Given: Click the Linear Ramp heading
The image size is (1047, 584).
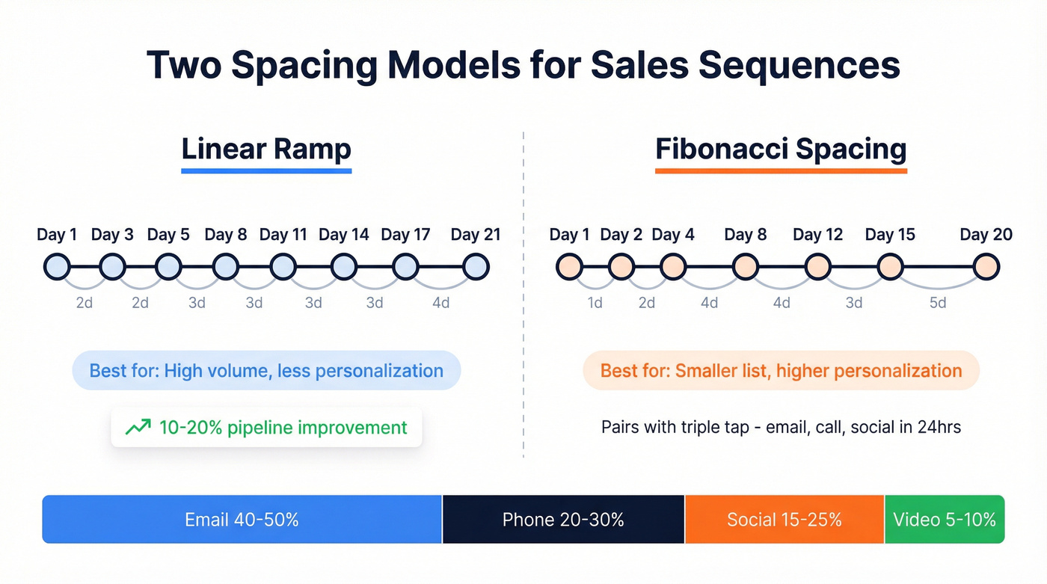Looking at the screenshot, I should (x=266, y=149).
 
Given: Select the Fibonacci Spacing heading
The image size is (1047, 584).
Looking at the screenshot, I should (x=781, y=149).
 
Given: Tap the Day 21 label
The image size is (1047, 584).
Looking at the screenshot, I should (x=475, y=235).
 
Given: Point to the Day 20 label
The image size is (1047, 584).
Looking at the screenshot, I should (x=986, y=235).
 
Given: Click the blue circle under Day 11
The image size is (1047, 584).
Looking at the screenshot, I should (x=283, y=266).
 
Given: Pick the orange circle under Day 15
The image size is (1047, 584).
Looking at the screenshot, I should (x=890, y=266).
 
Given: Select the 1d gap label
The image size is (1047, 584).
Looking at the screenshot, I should (x=595, y=302).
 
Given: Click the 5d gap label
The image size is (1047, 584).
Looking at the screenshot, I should (x=938, y=302).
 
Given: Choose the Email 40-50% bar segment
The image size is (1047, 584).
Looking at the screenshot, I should (x=242, y=519).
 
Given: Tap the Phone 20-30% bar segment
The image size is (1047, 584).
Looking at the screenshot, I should (x=563, y=519).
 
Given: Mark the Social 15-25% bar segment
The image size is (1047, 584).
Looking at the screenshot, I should (x=785, y=519).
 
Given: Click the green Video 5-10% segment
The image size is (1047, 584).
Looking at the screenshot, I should (x=945, y=519).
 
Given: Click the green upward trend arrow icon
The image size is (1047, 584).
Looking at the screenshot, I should (x=137, y=428).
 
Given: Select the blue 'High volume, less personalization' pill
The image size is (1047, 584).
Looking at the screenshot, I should (x=266, y=371).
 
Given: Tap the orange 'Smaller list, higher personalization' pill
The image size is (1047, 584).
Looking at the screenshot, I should (x=781, y=371).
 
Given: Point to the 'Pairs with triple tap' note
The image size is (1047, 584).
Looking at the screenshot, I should (x=781, y=428).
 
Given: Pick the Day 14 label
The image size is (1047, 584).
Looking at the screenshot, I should (x=343, y=235).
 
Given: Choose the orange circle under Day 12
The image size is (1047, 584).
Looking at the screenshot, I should (x=817, y=266).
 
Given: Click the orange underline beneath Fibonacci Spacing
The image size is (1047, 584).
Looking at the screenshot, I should (x=781, y=171).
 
